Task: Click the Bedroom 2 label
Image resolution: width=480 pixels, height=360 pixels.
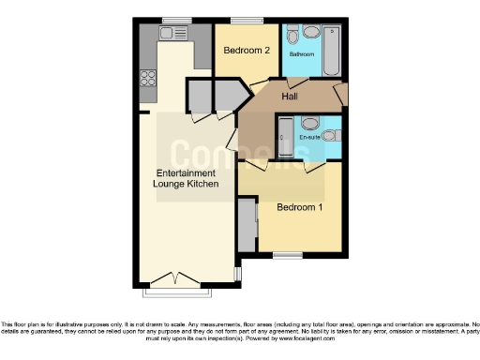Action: pyautogui.click(x=247, y=50)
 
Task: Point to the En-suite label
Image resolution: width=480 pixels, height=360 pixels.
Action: pyautogui.click(x=310, y=138)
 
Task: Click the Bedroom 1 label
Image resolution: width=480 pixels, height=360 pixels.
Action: pyautogui.click(x=299, y=207)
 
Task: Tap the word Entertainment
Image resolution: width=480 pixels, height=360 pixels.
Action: pyautogui.click(x=186, y=173)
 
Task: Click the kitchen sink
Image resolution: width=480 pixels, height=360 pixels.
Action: pyautogui.click(x=173, y=33)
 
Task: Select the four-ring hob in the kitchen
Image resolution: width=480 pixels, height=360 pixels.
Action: pyautogui.click(x=148, y=79)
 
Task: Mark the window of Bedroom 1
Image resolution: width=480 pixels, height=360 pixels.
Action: pyautogui.click(x=287, y=254)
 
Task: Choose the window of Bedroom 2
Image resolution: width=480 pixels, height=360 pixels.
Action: pyautogui.click(x=247, y=20)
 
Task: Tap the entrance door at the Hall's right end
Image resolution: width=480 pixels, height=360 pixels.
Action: pyautogui.click(x=340, y=95)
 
